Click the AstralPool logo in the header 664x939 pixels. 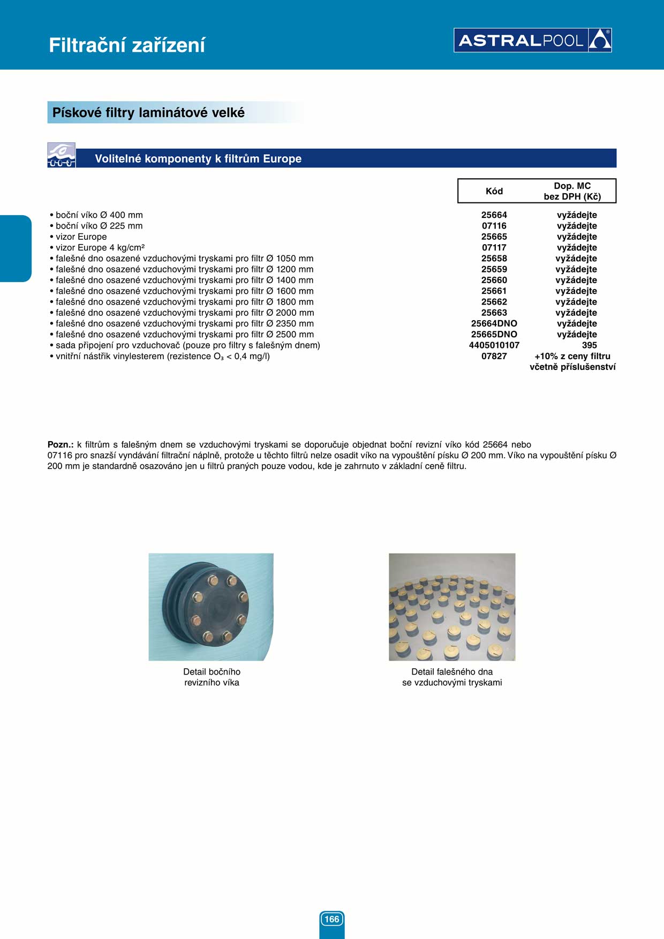[x=532, y=40]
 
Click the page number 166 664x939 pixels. [x=331, y=919]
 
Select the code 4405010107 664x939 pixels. [x=494, y=345]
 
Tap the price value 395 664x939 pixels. [x=589, y=345]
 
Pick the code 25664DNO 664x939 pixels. [x=494, y=323]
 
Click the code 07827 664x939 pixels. [x=494, y=356]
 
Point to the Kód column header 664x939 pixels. [x=494, y=191]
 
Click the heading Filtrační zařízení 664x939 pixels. [x=127, y=45]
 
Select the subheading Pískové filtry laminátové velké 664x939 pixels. [x=148, y=112]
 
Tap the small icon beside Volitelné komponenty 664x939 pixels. [x=61, y=155]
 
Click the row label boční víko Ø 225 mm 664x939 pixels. [x=99, y=226]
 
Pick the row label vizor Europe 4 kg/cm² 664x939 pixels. [x=100, y=247]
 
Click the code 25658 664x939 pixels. [x=494, y=259]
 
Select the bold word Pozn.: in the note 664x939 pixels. [x=61, y=444]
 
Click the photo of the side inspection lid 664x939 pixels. [x=211, y=607]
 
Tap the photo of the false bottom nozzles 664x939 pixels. [x=452, y=607]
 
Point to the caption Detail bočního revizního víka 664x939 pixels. [x=212, y=677]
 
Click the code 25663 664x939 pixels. [x=494, y=313]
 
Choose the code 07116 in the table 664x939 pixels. [x=494, y=226]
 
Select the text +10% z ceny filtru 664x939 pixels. [x=572, y=356]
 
